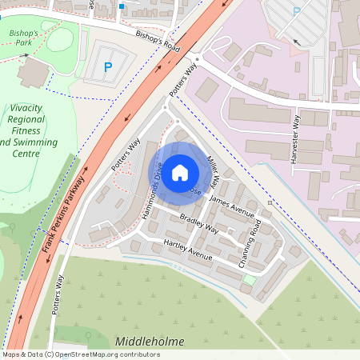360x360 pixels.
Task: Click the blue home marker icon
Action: pos(180,171)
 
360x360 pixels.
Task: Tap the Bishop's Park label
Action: pos(24,38)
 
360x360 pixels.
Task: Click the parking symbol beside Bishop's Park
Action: pos(109,68)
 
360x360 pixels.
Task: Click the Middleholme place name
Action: pos(149,342)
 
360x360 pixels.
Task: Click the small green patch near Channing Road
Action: pos(250,280)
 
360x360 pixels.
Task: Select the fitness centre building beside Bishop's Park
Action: pos(33,73)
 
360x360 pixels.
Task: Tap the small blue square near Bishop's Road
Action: pos(122,6)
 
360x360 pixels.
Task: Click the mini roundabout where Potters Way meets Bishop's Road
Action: pos(196,58)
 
